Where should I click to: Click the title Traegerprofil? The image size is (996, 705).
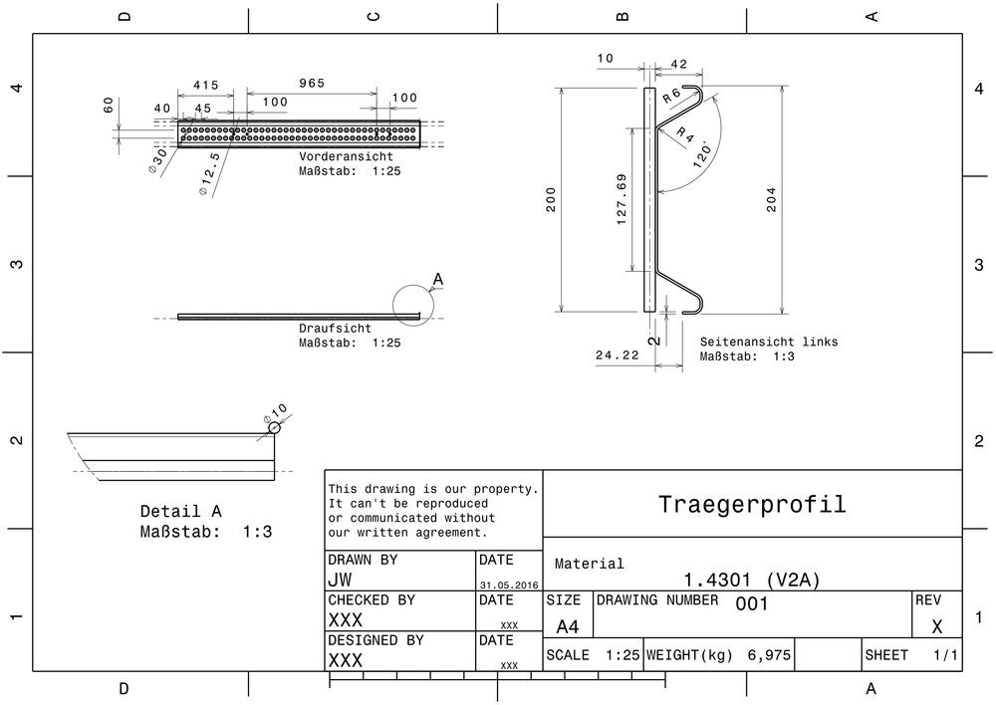pos(752,504)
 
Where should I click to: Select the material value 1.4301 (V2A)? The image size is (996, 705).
pos(752,580)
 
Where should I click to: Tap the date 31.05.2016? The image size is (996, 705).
pos(509,586)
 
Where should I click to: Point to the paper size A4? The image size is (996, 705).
pos(568,626)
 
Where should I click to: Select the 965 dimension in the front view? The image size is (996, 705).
pos(312,85)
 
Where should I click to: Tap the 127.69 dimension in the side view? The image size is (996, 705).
pos(622,199)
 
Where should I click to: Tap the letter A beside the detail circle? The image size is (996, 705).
pos(436,281)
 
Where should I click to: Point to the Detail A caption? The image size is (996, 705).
pos(181,511)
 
